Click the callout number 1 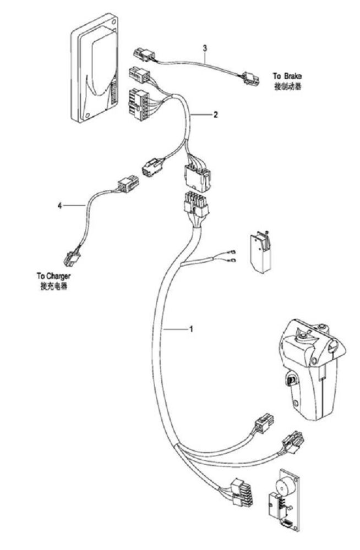tap(191, 329)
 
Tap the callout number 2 tap(215, 115)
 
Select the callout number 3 tap(205, 48)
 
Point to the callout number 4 tap(60, 206)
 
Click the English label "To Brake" tap(287, 76)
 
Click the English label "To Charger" tap(53, 277)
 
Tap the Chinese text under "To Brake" tap(288, 86)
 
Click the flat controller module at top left tap(95, 68)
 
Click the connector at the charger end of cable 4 tap(72, 258)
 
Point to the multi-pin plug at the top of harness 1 tap(195, 203)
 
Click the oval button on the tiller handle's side tap(290, 379)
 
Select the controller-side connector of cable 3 tap(144, 54)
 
